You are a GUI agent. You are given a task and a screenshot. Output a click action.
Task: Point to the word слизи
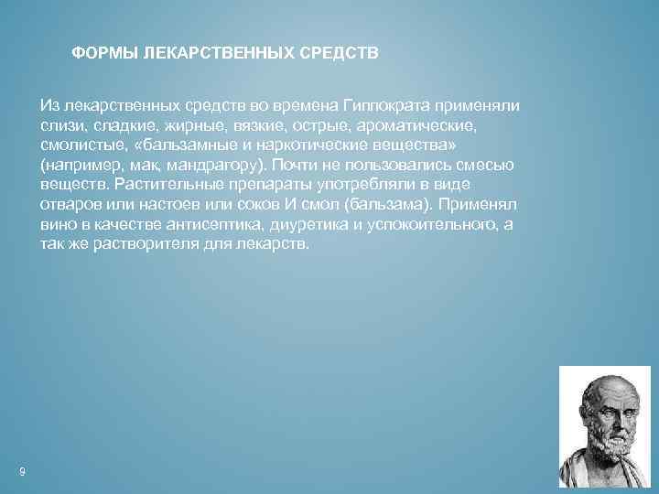point(60,125)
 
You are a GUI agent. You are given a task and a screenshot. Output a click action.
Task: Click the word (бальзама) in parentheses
point(385,206)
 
